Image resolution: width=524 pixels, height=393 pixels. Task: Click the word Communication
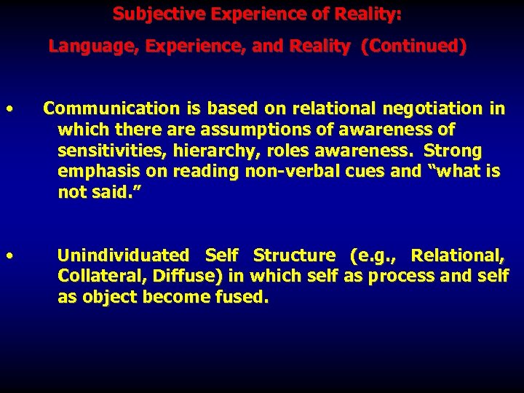tap(101, 109)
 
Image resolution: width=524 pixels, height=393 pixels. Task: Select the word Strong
tap(453, 151)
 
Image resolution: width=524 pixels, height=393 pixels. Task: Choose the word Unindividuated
tap(123, 256)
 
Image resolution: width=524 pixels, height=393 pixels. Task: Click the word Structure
tap(293, 256)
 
